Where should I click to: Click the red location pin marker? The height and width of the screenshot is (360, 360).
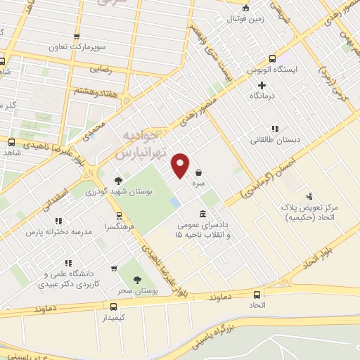coord(181,165)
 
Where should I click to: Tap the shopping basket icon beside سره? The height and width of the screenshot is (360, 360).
coord(200,172)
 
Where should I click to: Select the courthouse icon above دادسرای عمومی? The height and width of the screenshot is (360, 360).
coord(203,214)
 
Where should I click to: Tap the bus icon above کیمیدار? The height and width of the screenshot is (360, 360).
coord(113,306)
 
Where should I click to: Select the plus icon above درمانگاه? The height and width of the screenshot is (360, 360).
coord(262,85)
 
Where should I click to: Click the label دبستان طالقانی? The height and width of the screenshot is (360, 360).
coord(275,140)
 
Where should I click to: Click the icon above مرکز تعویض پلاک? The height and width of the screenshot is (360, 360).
coord(309,197)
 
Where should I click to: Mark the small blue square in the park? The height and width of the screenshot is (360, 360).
coord(174,202)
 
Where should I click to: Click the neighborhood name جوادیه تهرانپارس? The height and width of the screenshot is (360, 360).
coord(141,144)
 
